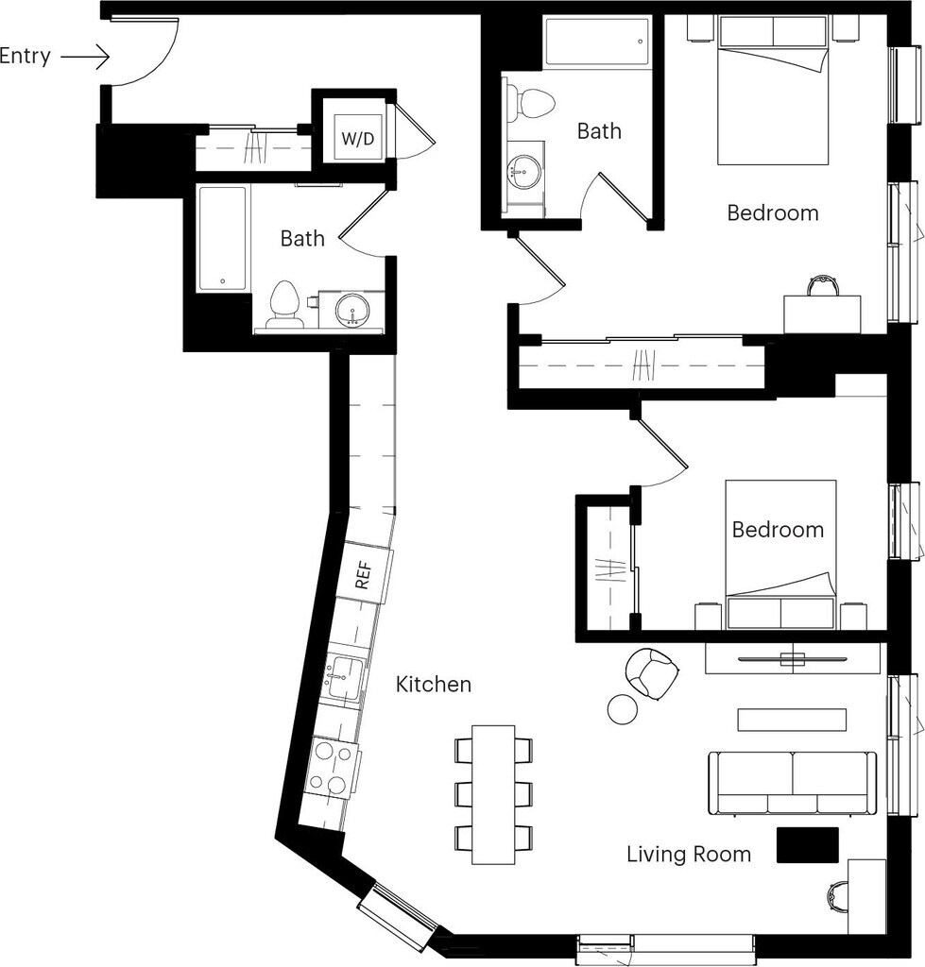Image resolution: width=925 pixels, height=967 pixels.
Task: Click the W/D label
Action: coord(358,138)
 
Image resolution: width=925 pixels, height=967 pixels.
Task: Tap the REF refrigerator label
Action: coord(364,574)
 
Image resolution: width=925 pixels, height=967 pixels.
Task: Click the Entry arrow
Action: coord(85,58)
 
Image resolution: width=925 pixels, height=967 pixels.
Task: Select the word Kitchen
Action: coord(433,684)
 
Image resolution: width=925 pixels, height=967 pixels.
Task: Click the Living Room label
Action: coord(689,854)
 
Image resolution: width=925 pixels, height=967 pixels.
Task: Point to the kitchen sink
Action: coord(343,678)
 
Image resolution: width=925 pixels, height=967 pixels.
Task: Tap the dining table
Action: coord(493,795)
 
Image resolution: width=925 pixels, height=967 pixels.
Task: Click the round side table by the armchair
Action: coord(622,708)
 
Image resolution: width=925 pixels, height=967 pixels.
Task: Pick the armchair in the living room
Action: coord(652,674)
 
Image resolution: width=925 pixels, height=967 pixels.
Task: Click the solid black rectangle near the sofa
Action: coord(807,844)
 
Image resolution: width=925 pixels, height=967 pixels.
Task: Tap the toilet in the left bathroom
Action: coord(284,305)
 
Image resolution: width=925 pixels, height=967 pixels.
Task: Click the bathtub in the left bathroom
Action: coord(223,239)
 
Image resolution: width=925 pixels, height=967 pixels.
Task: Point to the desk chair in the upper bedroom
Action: coord(823,286)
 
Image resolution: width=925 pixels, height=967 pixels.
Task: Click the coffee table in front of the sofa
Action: coord(792,720)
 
